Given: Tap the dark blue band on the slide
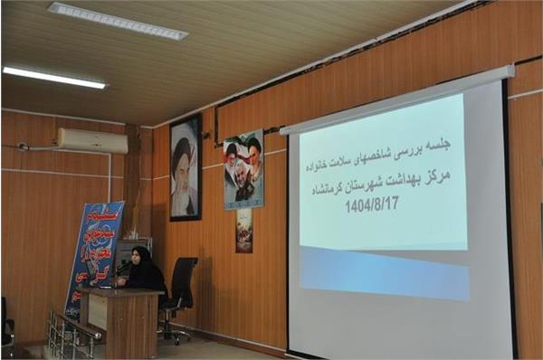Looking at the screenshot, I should (x=384, y=271).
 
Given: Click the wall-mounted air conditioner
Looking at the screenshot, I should (x=91, y=140).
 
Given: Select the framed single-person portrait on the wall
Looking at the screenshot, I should (x=186, y=167).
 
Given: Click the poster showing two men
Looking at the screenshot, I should (x=243, y=170).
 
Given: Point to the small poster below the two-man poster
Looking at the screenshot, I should (x=244, y=231).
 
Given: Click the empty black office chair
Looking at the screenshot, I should (x=182, y=285).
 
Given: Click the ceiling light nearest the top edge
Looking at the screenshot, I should (x=118, y=20).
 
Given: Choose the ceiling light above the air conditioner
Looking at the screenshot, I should (x=53, y=77).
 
